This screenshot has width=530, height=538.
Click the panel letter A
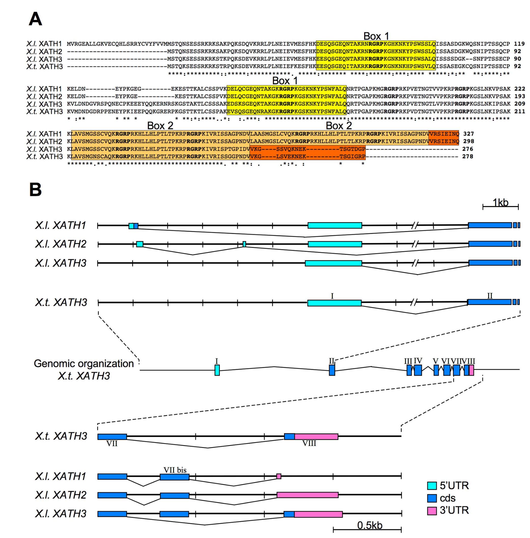35,19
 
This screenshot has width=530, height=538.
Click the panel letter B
35,190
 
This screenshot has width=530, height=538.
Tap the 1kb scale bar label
500,202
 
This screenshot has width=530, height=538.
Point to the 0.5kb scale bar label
370,525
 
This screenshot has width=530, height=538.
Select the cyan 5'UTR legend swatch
431,486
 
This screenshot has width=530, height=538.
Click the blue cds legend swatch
431,498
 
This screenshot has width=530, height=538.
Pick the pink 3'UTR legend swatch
431,510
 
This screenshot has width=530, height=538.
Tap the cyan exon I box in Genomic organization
217,370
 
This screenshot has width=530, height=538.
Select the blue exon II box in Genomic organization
332,370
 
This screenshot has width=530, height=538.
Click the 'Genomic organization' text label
83,364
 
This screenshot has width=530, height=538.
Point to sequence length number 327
468,134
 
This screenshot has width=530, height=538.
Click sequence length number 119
519,44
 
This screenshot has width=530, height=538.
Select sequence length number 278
467,156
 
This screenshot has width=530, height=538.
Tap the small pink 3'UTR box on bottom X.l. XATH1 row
279,477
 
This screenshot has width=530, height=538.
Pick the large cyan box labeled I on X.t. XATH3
334,303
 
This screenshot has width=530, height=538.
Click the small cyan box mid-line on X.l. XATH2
244,244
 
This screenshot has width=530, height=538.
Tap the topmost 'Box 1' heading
376,36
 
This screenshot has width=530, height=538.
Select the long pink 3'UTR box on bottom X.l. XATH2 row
308,495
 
